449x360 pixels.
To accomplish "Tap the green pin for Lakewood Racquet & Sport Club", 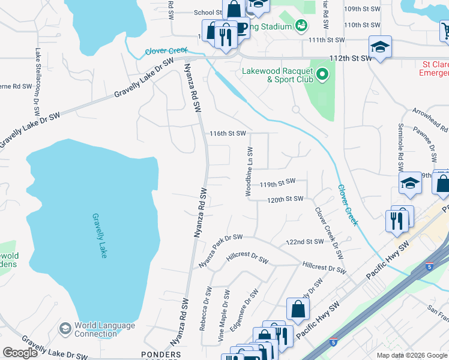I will click(322, 75).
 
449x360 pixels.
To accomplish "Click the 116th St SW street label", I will click(228, 133).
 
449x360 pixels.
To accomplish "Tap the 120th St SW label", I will click(285, 199).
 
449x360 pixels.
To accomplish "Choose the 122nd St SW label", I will click(305, 242).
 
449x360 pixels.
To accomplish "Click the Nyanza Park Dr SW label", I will click(220, 251).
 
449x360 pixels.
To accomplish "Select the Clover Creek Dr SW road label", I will click(330, 233).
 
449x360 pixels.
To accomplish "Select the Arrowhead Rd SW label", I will click(430, 120).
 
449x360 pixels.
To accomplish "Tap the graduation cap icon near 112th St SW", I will click(380, 47).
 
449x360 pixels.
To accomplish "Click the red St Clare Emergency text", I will click(435, 68).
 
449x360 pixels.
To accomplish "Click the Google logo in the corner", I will click(20, 353).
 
